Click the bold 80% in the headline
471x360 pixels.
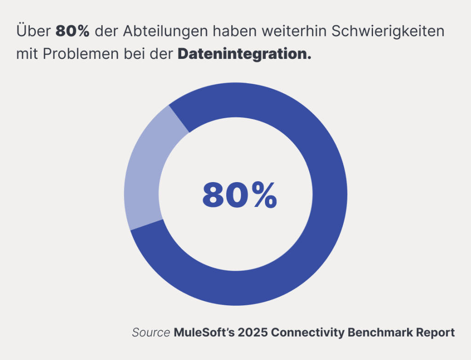[72, 32]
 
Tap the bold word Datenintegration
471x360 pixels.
[244, 54]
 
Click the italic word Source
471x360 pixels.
[151, 332]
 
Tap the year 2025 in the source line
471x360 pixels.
[252, 332]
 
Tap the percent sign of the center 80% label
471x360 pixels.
[263, 195]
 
